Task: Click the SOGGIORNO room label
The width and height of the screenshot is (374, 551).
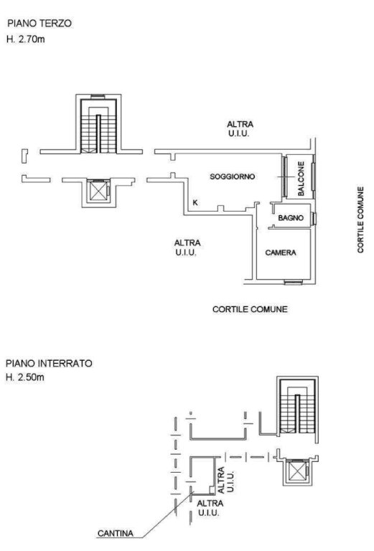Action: pos(233,176)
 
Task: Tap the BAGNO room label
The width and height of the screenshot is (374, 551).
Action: pos(291,218)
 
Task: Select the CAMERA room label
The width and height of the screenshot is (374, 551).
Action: pos(281,253)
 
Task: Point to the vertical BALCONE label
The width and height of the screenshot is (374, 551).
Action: pos(301,179)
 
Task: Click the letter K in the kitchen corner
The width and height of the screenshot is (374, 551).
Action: pos(195,202)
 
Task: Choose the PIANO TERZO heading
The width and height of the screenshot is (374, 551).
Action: pos(39,24)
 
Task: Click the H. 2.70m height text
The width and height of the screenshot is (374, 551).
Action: pos(26,39)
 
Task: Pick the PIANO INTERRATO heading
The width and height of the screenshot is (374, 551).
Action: pos(49,363)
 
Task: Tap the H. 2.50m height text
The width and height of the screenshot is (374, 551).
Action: pos(25,378)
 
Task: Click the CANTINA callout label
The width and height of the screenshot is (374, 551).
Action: pos(116,534)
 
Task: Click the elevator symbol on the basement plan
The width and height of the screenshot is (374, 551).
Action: pos(297,471)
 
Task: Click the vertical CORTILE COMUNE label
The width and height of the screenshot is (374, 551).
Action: pos(360,220)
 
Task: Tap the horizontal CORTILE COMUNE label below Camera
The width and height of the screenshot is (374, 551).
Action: pos(250,309)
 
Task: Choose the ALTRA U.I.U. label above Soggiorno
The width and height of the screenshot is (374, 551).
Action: pos(240,128)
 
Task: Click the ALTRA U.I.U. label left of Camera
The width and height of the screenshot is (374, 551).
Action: pos(187,248)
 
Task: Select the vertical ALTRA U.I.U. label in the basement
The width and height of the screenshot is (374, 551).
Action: pos(225,480)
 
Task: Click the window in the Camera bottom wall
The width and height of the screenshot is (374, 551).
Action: pos(293,281)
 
